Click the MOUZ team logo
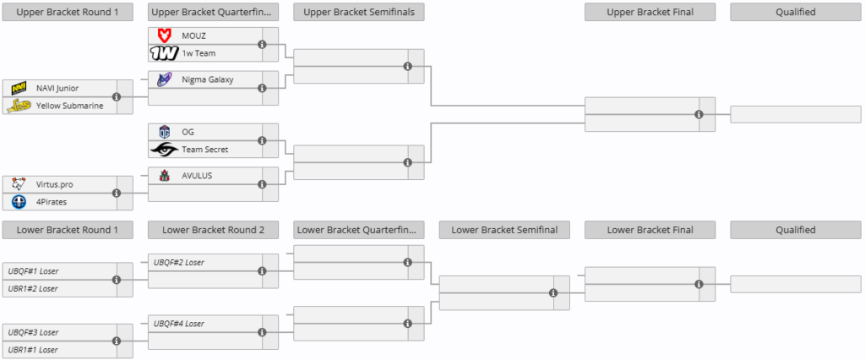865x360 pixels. pyautogui.click(x=164, y=35)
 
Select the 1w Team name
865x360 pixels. pyautogui.click(x=199, y=53)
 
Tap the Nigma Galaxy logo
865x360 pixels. pyautogui.click(x=164, y=79)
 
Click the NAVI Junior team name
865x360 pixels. pyautogui.click(x=57, y=89)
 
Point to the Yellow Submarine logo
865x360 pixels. pyautogui.click(x=19, y=106)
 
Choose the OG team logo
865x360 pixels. pyautogui.click(x=164, y=132)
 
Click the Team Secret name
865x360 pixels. pyautogui.click(x=205, y=150)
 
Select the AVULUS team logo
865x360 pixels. pyautogui.click(x=164, y=176)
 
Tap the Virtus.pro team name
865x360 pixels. pyautogui.click(x=55, y=184)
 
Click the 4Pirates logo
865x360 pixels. pyautogui.click(x=19, y=202)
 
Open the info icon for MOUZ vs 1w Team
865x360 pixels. pyautogui.click(x=262, y=44)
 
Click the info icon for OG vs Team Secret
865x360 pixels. pyautogui.click(x=262, y=141)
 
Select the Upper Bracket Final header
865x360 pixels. pyautogui.click(x=650, y=12)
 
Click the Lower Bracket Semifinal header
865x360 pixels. pyautogui.click(x=504, y=230)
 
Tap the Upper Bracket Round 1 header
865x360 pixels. pyautogui.click(x=68, y=12)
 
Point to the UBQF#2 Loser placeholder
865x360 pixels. pyautogui.click(x=179, y=263)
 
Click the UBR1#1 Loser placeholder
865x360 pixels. pyautogui.click(x=33, y=350)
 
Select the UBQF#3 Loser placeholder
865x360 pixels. pyautogui.click(x=33, y=332)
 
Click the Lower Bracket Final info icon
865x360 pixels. pyautogui.click(x=699, y=284)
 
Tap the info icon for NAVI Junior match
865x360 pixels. pyautogui.click(x=117, y=96)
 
